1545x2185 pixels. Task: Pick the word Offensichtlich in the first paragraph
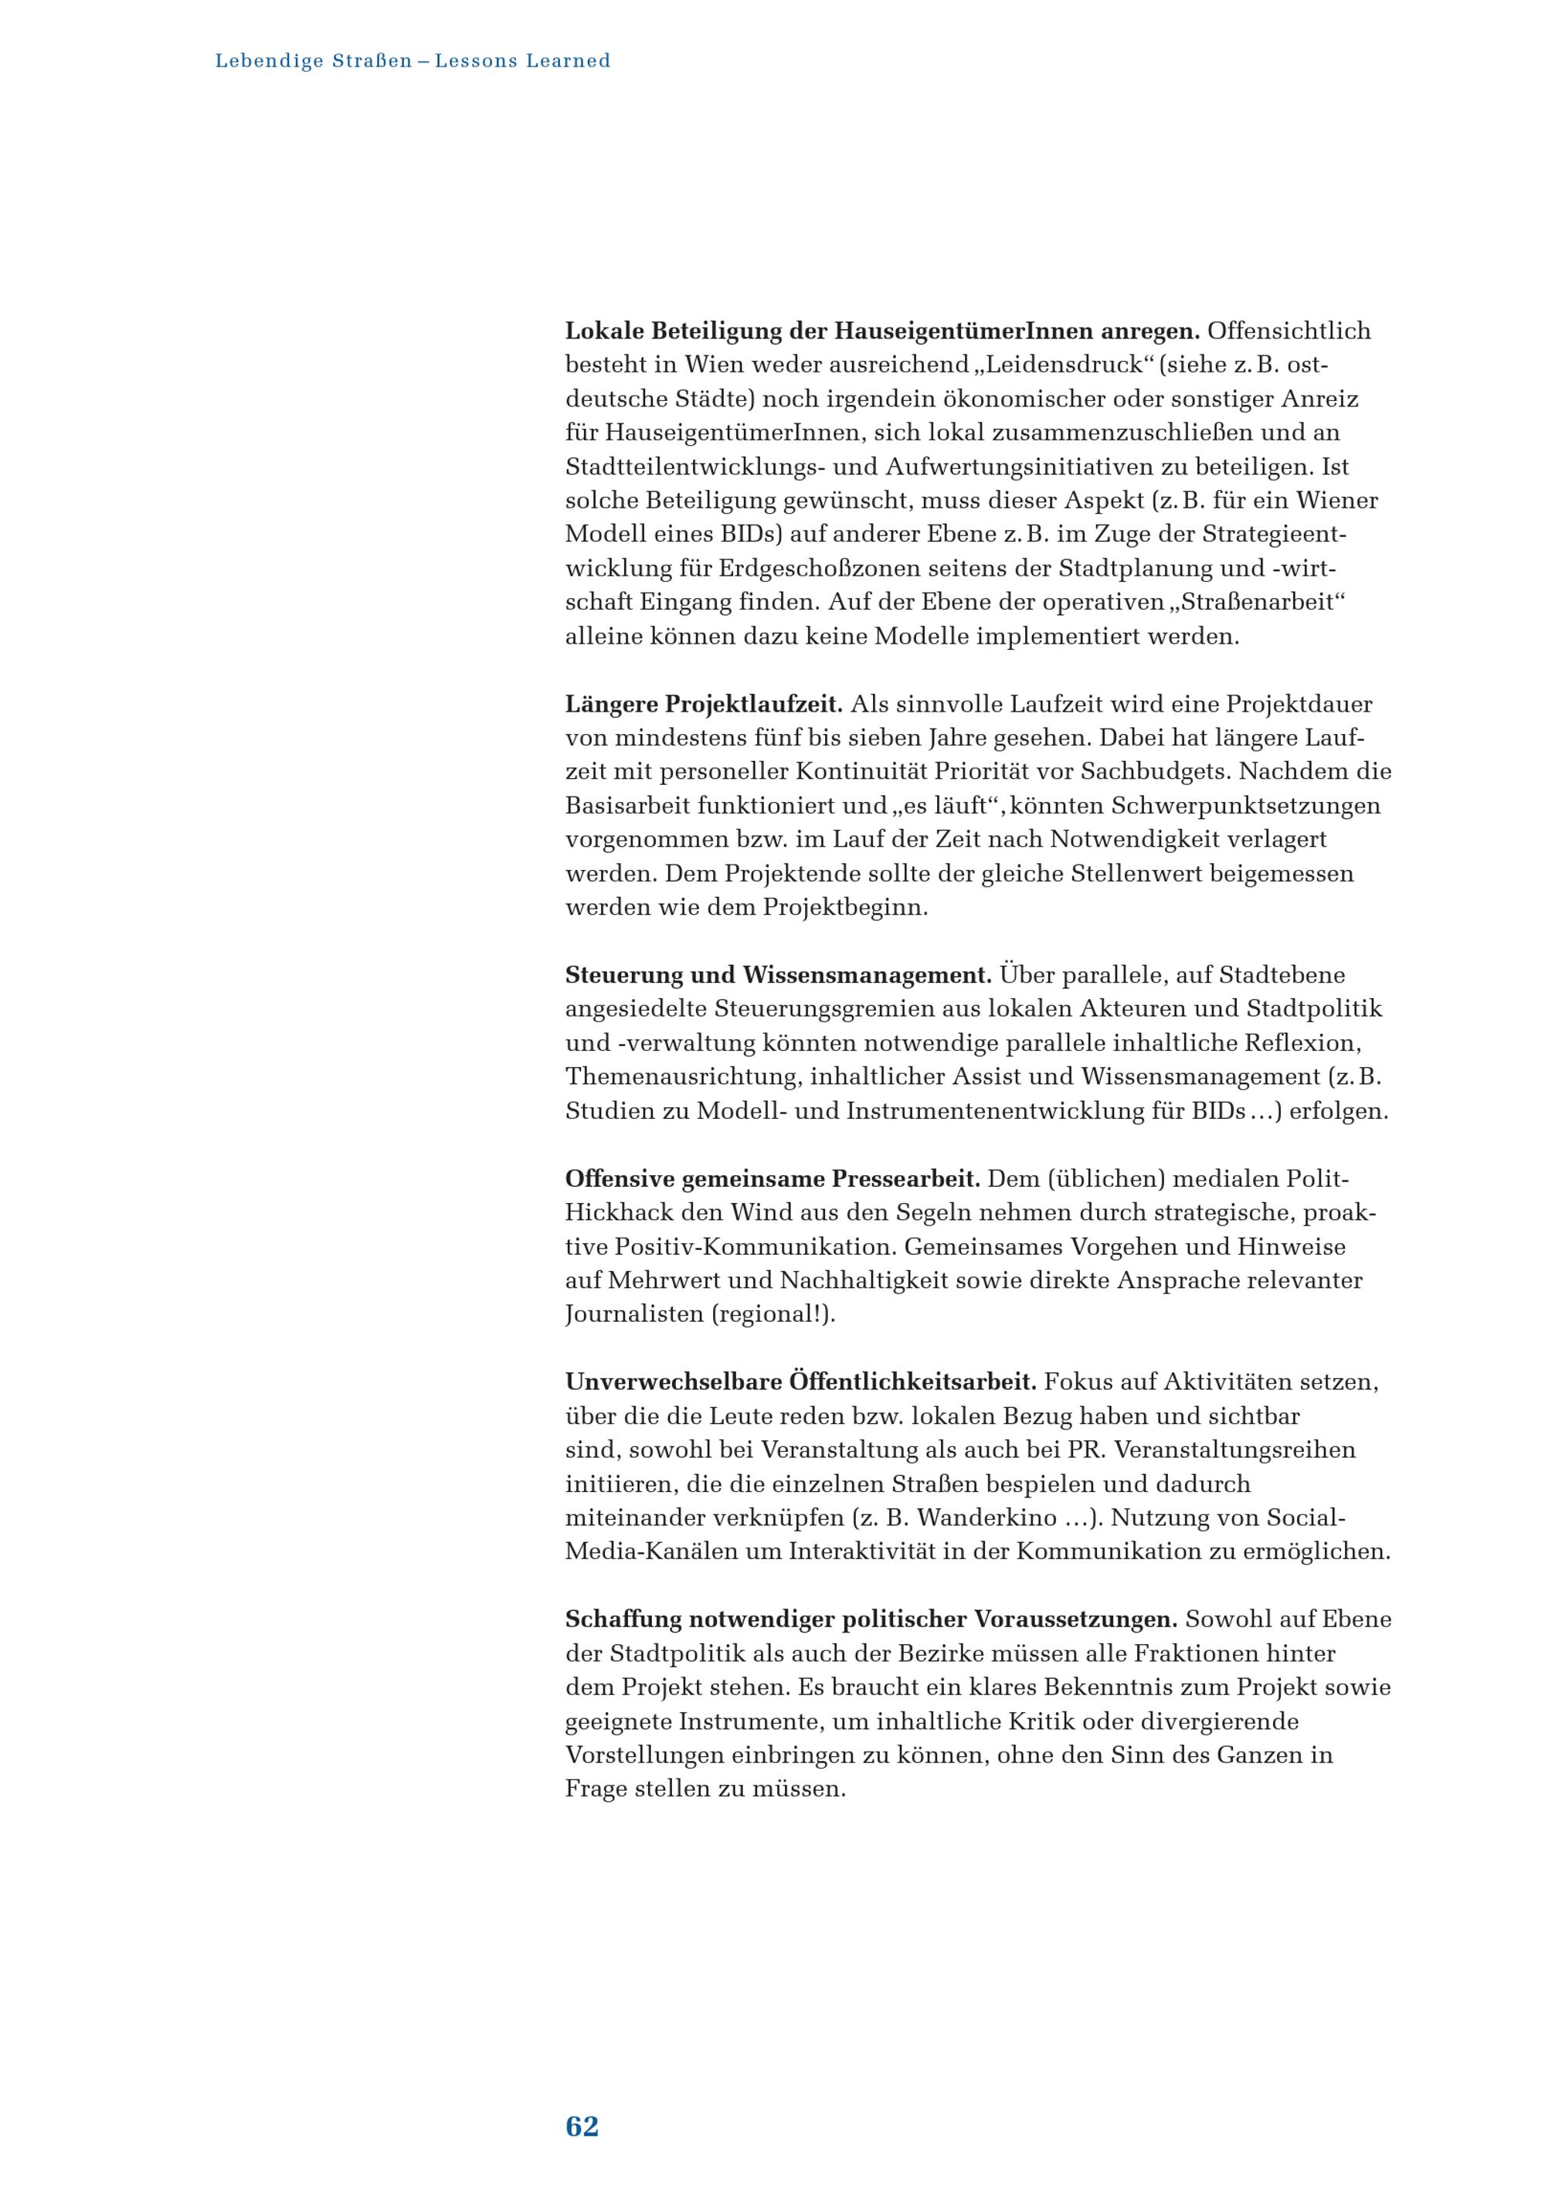coord(1289,331)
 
